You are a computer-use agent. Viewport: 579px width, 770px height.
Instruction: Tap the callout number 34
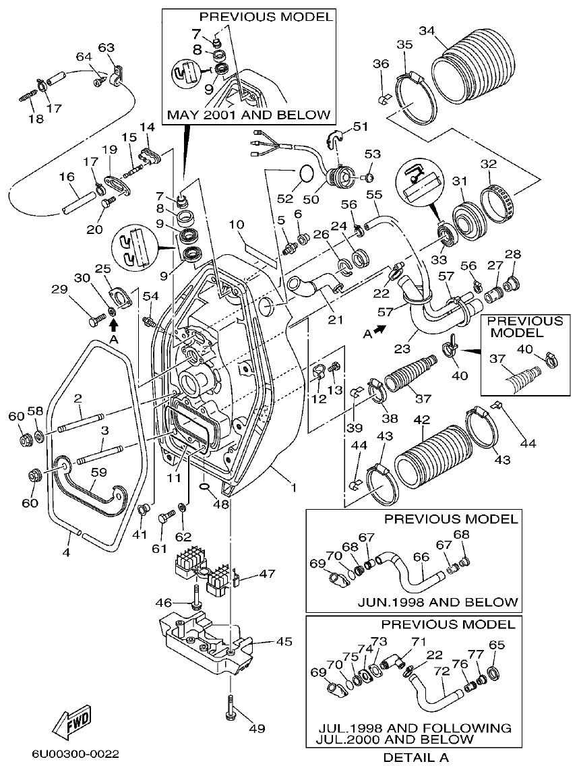pyautogui.click(x=427, y=30)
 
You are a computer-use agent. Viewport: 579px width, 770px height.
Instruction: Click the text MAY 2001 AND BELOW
pyautogui.click(x=249, y=115)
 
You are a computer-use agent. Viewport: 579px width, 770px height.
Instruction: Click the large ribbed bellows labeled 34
pyautogui.click(x=470, y=71)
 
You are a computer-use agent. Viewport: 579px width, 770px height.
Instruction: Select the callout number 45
pyautogui.click(x=284, y=642)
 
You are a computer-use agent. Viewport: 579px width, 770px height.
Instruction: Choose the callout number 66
pyautogui.click(x=421, y=557)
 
